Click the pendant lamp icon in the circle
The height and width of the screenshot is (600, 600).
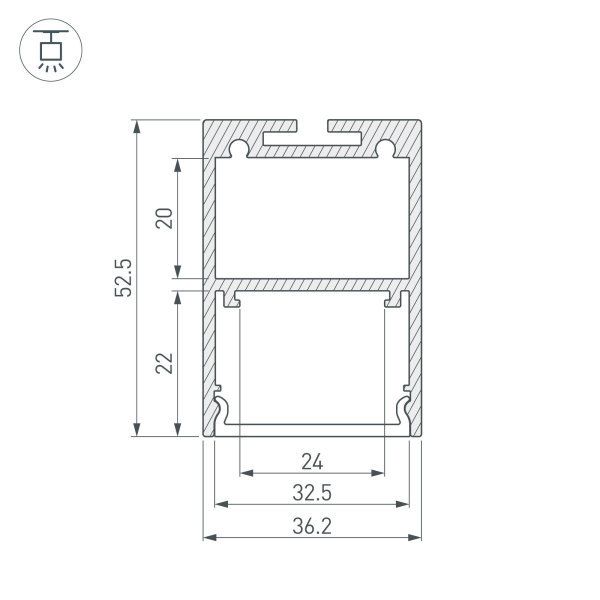click(46, 47)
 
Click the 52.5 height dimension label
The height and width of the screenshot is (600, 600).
click(123, 279)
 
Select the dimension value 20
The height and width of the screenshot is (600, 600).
click(165, 218)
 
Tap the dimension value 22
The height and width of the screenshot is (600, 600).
click(165, 362)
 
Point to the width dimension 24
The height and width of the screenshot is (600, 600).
click(312, 462)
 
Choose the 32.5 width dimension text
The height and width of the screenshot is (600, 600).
click(312, 493)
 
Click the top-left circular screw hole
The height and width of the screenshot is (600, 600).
click(240, 150)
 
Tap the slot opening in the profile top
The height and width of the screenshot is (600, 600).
click(313, 128)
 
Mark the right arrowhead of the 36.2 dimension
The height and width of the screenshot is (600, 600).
click(415, 538)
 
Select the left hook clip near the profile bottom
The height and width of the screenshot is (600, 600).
click(223, 410)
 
